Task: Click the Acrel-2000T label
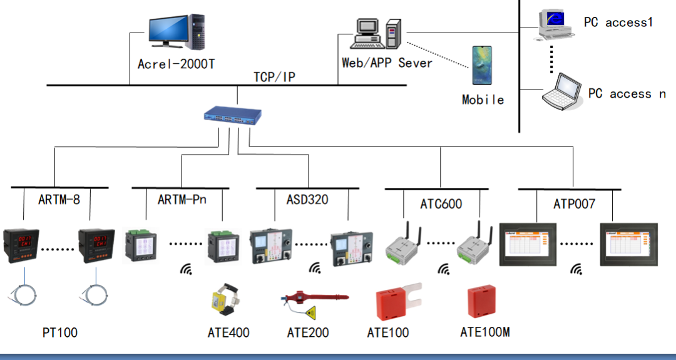point(176,63)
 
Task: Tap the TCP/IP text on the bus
point(274,77)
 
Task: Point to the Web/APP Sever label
point(386,63)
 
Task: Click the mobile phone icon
point(482,64)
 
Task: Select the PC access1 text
point(618,23)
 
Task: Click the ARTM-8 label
point(59,200)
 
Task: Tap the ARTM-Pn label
point(182,200)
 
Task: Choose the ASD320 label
point(307,200)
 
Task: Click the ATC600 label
point(441,204)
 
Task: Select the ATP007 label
point(574,204)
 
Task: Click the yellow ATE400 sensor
point(225,301)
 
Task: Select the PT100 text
point(59,332)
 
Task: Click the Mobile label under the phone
point(483,100)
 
